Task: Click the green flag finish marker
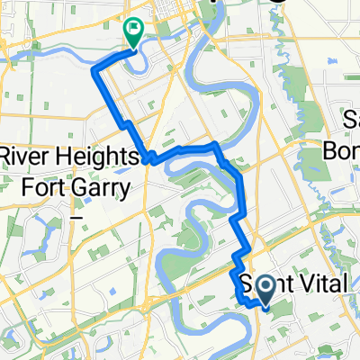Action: [133, 33]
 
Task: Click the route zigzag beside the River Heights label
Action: [149, 158]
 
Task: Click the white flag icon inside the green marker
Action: [134, 30]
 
